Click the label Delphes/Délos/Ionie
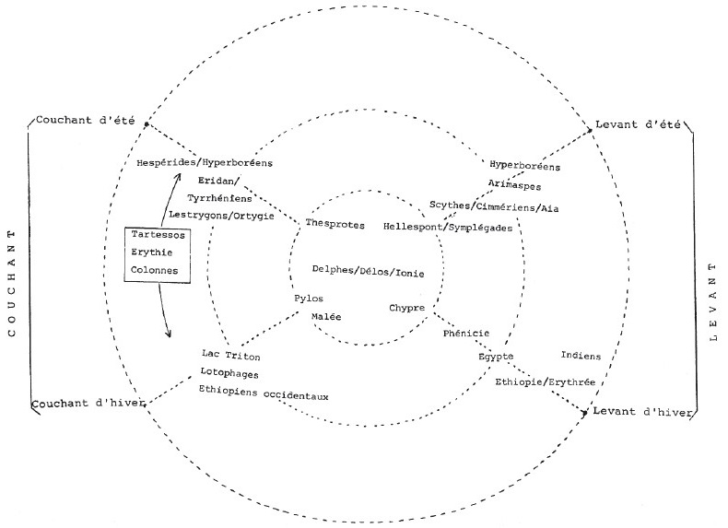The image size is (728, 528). (369, 271)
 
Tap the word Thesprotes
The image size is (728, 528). (335, 224)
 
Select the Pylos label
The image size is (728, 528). (309, 299)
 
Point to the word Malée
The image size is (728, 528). (326, 317)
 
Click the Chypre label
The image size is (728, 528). (406, 308)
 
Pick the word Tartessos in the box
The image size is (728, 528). (158, 234)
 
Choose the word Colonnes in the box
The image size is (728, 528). (154, 270)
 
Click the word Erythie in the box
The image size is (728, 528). (152, 252)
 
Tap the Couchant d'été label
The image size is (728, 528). (85, 121)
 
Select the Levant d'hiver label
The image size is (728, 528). (642, 412)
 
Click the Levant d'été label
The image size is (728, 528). (638, 124)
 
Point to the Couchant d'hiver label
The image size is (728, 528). (88, 403)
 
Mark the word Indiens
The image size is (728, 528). (581, 356)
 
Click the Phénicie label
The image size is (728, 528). (466, 333)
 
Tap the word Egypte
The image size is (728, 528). (496, 357)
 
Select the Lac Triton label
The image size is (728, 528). (230, 356)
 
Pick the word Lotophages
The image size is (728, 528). (229, 373)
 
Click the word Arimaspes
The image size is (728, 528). (514, 185)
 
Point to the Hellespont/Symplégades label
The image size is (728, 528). (448, 227)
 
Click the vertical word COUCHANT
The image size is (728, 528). (12, 282)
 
